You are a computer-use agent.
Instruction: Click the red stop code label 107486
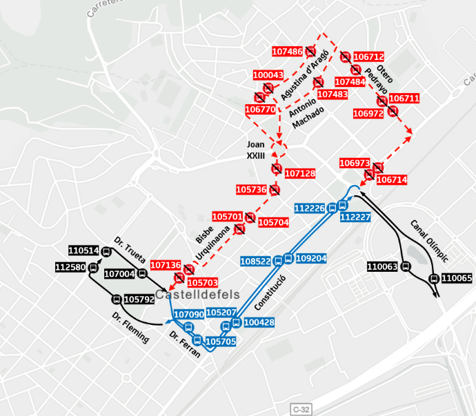tap(287, 52)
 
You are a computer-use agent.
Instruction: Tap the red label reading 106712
tap(368, 57)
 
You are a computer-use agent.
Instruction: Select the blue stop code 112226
tap(309, 208)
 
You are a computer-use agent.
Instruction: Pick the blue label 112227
tap(356, 217)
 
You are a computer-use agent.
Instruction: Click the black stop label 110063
tap(382, 266)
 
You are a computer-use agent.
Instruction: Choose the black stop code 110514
tap(83, 250)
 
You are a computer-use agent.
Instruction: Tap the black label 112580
tap(70, 267)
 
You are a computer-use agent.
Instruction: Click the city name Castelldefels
tap(197, 295)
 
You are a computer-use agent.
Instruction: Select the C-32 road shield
tap(301, 409)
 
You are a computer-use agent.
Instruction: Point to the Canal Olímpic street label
tap(429, 240)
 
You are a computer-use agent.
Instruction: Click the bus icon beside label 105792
tap(116, 299)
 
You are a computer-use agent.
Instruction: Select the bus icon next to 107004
tap(142, 274)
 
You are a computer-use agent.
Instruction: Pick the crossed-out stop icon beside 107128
tap(276, 168)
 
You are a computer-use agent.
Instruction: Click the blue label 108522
tap(255, 261)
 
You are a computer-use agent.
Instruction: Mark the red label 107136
tap(166, 265)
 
